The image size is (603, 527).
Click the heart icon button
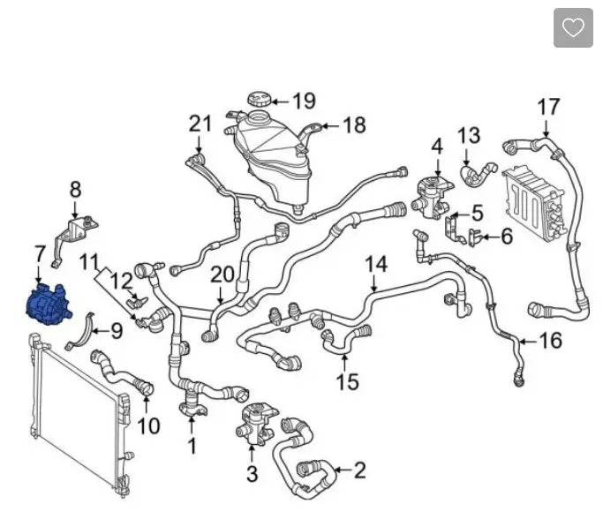point(573,28)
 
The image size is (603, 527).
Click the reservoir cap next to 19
point(260,98)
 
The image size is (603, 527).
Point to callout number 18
point(353,126)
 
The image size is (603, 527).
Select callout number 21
point(200,124)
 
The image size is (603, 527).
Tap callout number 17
point(548,107)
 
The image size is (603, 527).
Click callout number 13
point(469,135)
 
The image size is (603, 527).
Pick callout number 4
point(437,145)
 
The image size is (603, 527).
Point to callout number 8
point(75,188)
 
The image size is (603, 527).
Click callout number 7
point(40,255)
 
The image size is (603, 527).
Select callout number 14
point(376,263)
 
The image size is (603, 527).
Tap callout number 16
point(549,340)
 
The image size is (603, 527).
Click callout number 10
point(148,425)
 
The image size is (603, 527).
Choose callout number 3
point(252,475)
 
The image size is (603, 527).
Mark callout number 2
point(358,470)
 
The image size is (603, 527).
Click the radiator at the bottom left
point(75,415)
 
